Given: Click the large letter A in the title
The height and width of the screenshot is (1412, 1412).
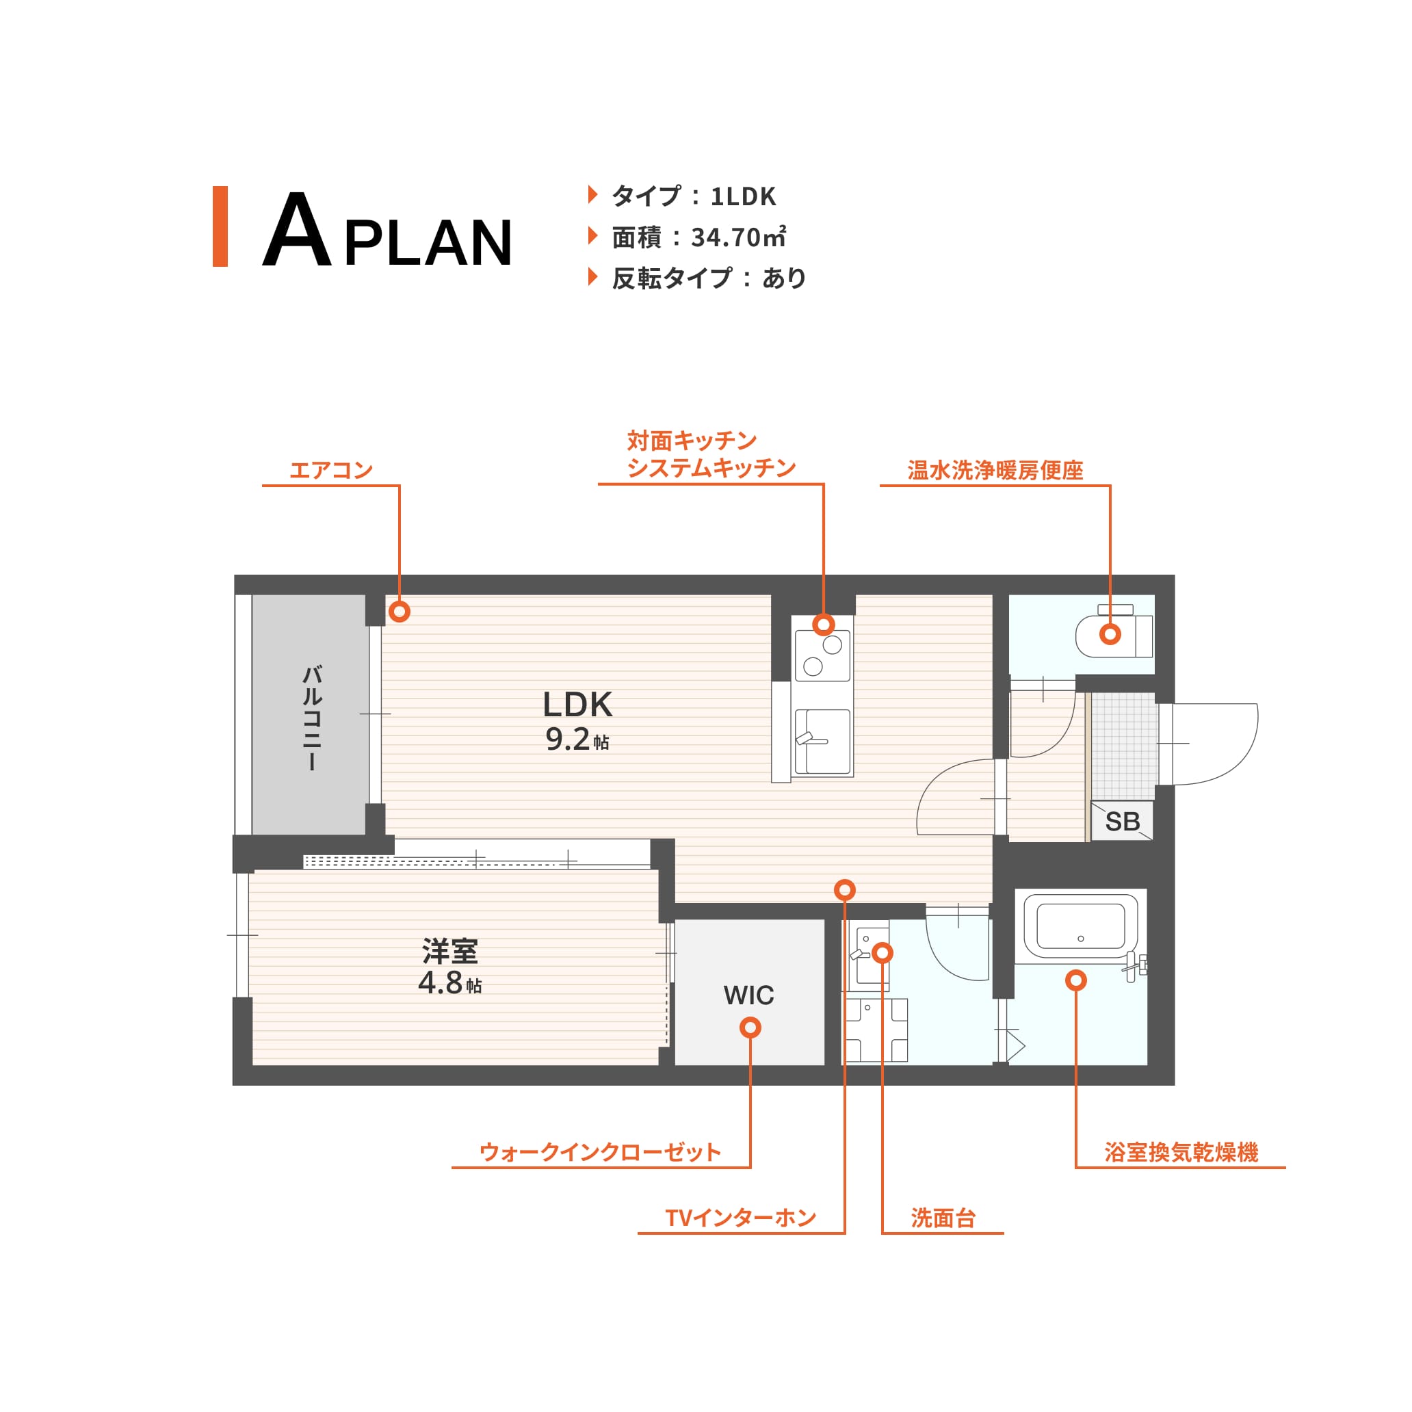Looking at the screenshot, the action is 297,229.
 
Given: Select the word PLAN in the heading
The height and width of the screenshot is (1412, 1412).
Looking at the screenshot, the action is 428,243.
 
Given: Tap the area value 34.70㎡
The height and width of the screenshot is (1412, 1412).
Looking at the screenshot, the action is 738,237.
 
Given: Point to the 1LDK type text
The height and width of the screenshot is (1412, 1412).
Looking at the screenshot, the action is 743,196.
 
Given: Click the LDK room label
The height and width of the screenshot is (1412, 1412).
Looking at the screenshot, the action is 577,705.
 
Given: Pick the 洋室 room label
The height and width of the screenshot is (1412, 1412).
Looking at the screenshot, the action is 450,952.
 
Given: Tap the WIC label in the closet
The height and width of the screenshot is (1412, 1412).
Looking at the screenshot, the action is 748,995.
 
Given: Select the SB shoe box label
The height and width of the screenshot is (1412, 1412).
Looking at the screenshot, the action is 1122,822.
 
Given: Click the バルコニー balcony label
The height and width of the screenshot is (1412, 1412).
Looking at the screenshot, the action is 312,717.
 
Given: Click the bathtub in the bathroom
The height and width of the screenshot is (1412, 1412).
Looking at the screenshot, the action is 1080,926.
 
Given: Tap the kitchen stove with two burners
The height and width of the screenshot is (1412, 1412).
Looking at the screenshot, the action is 823,655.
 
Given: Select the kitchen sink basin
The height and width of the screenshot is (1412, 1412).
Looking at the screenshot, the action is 823,741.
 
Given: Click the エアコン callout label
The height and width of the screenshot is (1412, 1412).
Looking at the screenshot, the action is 331,470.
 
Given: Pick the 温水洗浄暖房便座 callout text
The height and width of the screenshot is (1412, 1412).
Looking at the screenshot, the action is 995,470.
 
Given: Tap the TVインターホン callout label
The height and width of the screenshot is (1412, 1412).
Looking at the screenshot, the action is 740,1218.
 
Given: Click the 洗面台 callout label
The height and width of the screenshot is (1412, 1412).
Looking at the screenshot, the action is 943,1218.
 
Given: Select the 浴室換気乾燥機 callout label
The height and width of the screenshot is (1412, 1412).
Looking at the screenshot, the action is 1181,1153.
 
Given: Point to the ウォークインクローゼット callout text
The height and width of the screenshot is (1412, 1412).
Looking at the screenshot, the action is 600,1153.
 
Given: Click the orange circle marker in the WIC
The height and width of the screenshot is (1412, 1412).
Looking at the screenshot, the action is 750,1028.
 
